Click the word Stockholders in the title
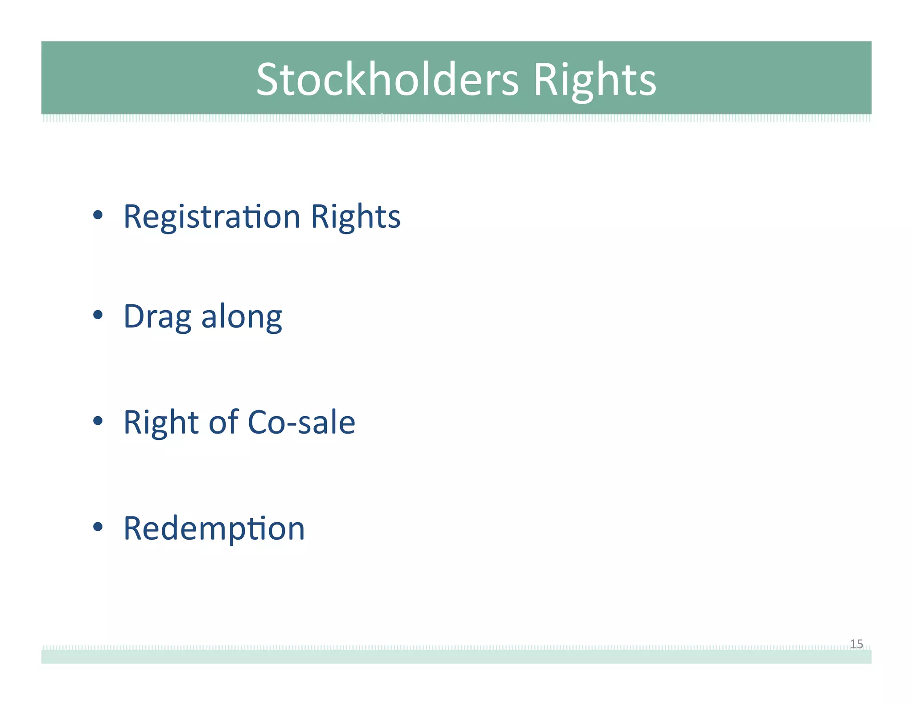coord(387,79)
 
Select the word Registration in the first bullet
coord(212,217)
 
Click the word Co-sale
coord(301,422)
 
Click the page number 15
coord(856,644)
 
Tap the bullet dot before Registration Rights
coord(98,216)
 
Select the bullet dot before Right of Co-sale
coord(98,421)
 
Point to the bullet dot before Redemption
coord(98,527)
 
